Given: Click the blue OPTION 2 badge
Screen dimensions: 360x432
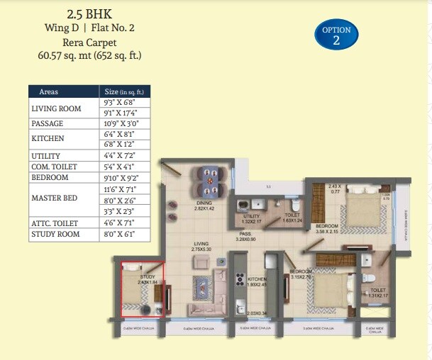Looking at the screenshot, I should pos(336,35).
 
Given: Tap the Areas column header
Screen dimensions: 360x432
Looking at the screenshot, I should pos(49,92).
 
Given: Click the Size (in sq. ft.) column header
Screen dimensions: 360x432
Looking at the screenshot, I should pos(124,92).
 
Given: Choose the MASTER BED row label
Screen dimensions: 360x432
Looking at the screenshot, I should pos(54,198).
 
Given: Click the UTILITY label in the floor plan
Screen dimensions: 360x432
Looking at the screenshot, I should pos(252,216).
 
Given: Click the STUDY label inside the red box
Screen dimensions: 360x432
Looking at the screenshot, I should pos(147,277).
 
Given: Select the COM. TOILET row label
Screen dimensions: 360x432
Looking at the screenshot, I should pos(57,166).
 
